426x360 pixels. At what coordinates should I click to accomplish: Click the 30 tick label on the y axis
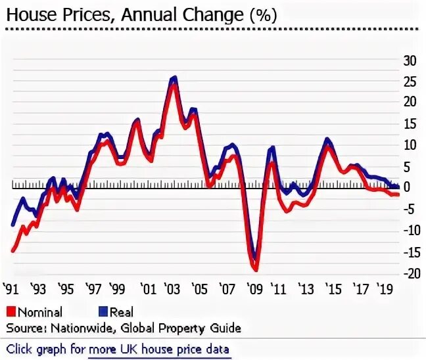pyautogui.click(x=410, y=61)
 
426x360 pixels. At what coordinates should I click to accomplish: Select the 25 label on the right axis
pyautogui.click(x=410, y=82)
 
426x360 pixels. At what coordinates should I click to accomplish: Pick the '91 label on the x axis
pyautogui.click(x=10, y=288)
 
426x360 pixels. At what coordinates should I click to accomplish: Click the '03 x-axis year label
pyautogui.click(x=172, y=288)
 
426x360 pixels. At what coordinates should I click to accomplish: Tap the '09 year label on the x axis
pyautogui.click(x=254, y=288)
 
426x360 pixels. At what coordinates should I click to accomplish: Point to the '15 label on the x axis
pyautogui.click(x=334, y=288)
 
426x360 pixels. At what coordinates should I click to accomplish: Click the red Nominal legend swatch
pyautogui.click(x=11, y=312)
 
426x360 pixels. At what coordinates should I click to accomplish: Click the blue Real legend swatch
pyautogui.click(x=103, y=312)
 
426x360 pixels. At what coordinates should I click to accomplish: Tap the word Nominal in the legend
pyautogui.click(x=40, y=313)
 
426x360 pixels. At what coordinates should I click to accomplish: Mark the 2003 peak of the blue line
pyautogui.click(x=174, y=77)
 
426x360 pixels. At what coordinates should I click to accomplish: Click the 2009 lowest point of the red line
pyautogui.click(x=256, y=270)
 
